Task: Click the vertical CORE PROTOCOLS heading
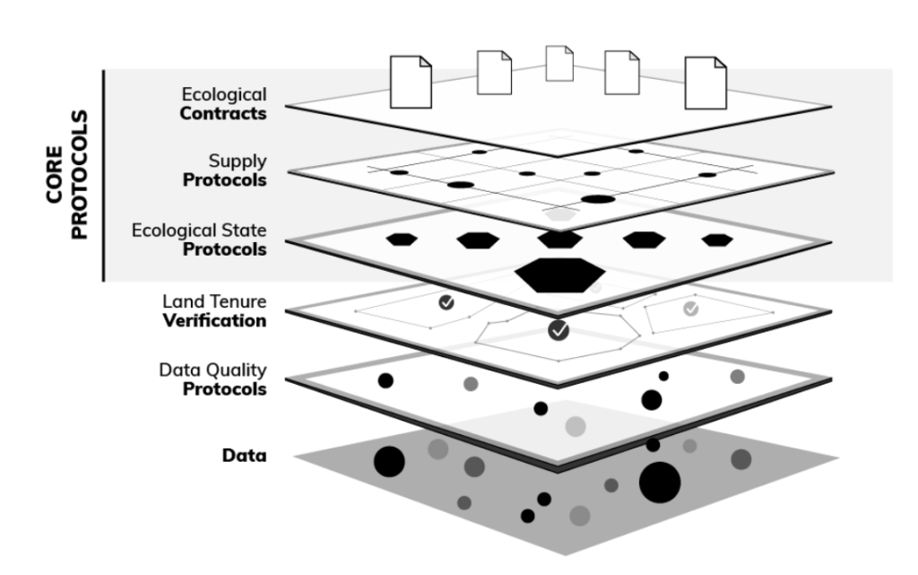[69, 175]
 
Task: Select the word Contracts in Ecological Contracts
[222, 113]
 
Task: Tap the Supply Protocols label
[224, 170]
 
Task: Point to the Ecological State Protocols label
[199, 240]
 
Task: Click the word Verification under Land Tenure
[215, 320]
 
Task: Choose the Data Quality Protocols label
[212, 380]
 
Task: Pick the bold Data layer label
[244, 455]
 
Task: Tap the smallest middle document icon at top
[559, 63]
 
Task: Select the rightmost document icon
[706, 83]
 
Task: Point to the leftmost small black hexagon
[402, 239]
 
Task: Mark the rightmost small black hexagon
[716, 240]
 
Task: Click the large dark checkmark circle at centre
[559, 331]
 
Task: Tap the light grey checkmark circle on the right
[690, 308]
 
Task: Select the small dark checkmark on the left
[446, 302]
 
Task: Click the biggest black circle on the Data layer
[660, 483]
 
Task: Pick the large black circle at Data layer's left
[389, 461]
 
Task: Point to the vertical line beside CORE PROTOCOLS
[106, 175]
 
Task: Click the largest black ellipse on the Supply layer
[597, 199]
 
